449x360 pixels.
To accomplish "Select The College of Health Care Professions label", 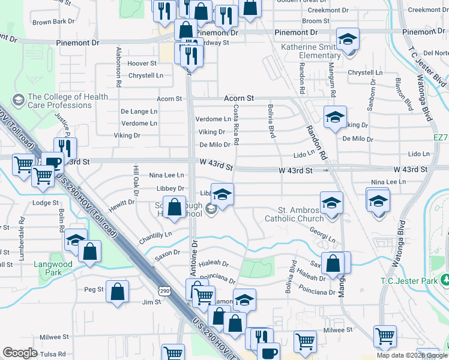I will (x=68, y=101).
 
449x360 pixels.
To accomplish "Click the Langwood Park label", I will (x=58, y=268).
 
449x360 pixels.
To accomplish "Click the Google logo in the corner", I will (x=20, y=353).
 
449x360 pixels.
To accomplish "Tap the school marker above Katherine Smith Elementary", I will (x=348, y=40).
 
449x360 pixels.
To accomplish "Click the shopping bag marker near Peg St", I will (x=118, y=292).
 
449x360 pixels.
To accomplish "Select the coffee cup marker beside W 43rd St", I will (x=53, y=163).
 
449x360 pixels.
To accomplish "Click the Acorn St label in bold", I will (x=239, y=98).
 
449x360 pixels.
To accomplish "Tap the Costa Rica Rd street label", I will (x=236, y=125).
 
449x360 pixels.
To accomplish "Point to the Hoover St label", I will (x=142, y=63).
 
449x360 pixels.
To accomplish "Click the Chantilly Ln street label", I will (x=155, y=235).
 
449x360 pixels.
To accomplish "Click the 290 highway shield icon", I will (x=163, y=290).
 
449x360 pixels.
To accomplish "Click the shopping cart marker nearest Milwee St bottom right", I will (x=385, y=337).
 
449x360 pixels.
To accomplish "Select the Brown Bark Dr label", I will (x=53, y=22).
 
